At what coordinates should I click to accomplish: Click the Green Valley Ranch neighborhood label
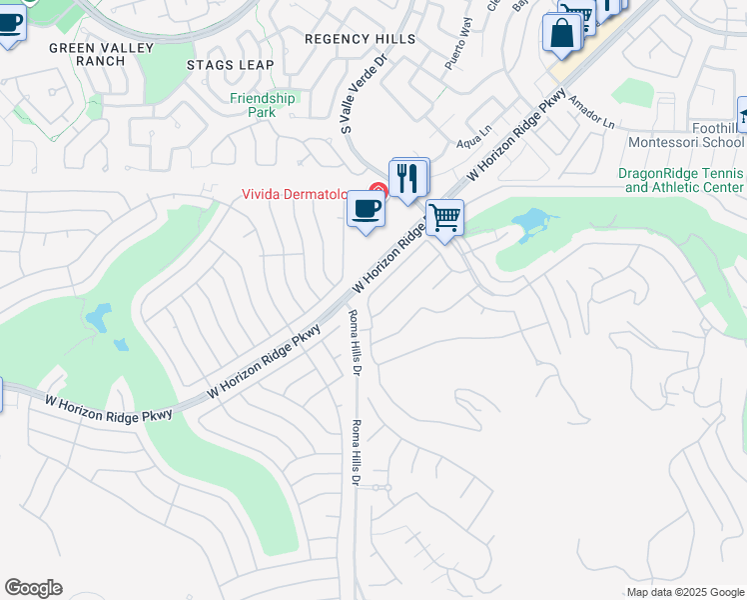(x=87, y=54)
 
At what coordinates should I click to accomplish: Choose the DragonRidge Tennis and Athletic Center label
(x=681, y=180)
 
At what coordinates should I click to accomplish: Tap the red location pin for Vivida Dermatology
(x=377, y=190)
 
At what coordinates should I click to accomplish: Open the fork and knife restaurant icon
(x=408, y=178)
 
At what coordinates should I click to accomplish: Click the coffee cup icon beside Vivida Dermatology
(x=366, y=209)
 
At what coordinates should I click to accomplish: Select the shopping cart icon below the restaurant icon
(x=444, y=217)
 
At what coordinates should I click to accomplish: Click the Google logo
(x=33, y=588)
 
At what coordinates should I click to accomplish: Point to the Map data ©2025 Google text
(x=685, y=592)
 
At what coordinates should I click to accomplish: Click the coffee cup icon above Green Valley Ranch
(x=9, y=22)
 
